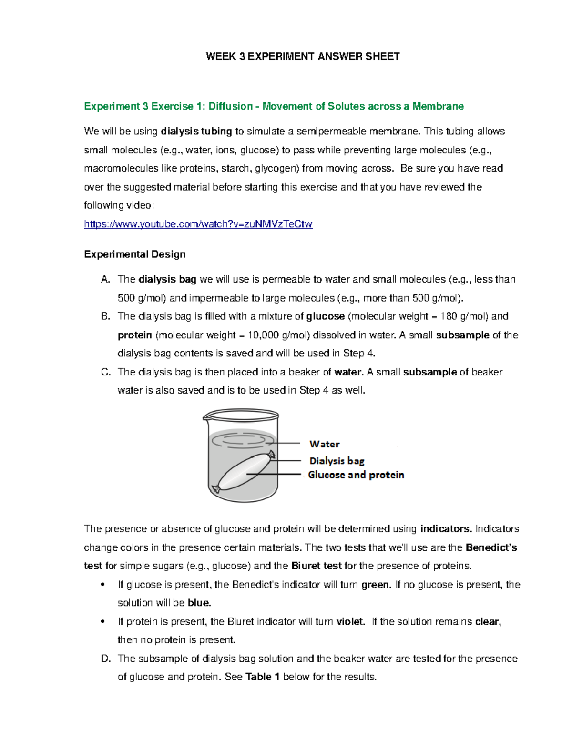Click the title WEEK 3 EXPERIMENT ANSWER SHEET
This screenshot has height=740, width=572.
pyautogui.click(x=302, y=57)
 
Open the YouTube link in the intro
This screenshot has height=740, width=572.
pyautogui.click(x=198, y=224)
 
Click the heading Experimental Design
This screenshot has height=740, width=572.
pyautogui.click(x=134, y=254)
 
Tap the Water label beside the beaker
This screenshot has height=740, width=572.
pyautogui.click(x=324, y=444)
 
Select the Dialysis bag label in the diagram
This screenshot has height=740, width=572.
pyautogui.click(x=337, y=461)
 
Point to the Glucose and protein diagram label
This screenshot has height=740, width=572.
pyautogui.click(x=356, y=475)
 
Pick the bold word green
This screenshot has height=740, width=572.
pyautogui.click(x=376, y=585)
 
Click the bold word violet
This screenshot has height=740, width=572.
pyautogui.click(x=350, y=621)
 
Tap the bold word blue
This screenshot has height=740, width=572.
pyautogui.click(x=199, y=603)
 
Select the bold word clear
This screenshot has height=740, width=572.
pyautogui.click(x=487, y=621)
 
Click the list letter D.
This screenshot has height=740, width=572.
pyautogui.click(x=105, y=659)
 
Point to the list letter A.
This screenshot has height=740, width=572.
pyautogui.click(x=105, y=279)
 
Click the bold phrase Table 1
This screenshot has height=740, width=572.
pyautogui.click(x=262, y=677)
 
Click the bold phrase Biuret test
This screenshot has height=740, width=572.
pyautogui.click(x=316, y=566)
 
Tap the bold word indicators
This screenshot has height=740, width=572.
pyautogui.click(x=445, y=529)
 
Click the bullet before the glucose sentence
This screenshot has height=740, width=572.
pyautogui.click(x=103, y=585)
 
